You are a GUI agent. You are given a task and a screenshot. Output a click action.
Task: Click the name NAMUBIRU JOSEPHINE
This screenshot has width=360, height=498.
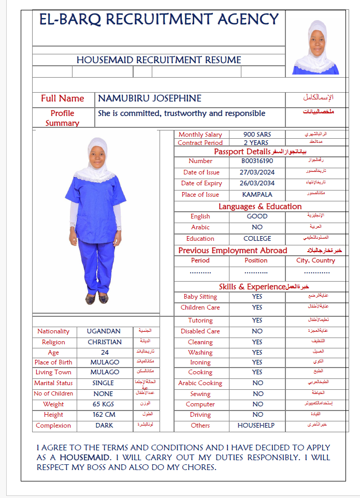click(150, 98)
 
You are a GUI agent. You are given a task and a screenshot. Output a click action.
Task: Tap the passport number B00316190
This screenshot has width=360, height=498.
click(257, 161)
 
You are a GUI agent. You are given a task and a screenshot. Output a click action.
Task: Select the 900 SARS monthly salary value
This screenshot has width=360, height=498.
click(257, 135)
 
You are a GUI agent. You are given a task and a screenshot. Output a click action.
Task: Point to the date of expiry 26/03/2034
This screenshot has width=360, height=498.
click(257, 183)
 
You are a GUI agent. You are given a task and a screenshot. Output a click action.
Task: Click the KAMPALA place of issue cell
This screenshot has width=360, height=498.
click(257, 195)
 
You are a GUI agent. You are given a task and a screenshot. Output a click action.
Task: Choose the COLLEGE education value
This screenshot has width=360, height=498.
click(257, 239)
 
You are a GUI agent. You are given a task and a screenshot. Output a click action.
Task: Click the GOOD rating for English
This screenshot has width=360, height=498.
click(257, 216)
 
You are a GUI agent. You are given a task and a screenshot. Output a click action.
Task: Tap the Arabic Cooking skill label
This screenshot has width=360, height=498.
click(200, 383)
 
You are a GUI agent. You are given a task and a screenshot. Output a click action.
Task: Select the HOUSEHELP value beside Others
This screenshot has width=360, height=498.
click(257, 426)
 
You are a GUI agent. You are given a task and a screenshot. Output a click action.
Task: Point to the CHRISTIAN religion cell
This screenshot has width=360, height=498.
click(105, 342)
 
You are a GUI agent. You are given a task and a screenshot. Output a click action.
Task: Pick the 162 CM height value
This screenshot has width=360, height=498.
click(105, 415)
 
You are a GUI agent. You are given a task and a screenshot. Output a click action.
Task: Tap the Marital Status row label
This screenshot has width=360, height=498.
click(53, 383)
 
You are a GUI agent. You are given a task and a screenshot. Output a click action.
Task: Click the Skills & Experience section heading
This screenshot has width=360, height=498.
click(252, 287)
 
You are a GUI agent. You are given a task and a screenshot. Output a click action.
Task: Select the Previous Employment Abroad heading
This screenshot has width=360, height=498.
click(233, 251)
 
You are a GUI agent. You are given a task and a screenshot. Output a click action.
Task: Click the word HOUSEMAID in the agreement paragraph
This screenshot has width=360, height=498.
click(85, 458)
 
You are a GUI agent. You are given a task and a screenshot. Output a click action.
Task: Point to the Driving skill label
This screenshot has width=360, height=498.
click(200, 415)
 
